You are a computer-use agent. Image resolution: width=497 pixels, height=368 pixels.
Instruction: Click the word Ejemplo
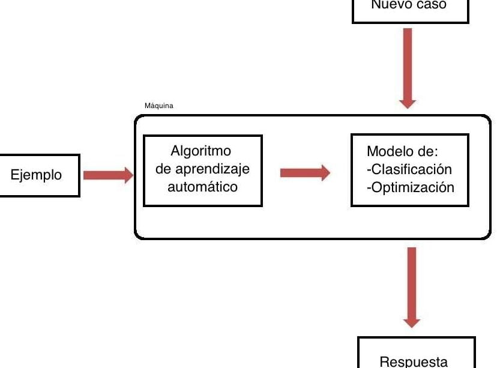pos(37,175)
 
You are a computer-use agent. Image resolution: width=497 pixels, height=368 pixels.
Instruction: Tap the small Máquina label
pos(159,106)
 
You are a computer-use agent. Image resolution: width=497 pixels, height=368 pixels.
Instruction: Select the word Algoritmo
pos(200,151)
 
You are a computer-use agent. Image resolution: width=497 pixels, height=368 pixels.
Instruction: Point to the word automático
pos(202,187)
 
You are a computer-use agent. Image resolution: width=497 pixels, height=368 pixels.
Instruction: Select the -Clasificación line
pos(409,169)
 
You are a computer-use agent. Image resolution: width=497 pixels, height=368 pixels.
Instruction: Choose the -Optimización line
pos(410,187)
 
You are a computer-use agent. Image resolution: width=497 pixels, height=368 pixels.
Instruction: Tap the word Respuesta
pos(414,361)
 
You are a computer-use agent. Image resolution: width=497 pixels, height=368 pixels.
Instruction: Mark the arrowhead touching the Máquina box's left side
pos(127,175)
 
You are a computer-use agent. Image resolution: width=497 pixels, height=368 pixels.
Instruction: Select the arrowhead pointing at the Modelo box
pos(324,173)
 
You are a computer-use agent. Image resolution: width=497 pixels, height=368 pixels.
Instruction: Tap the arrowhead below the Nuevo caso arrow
pos(408,101)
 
